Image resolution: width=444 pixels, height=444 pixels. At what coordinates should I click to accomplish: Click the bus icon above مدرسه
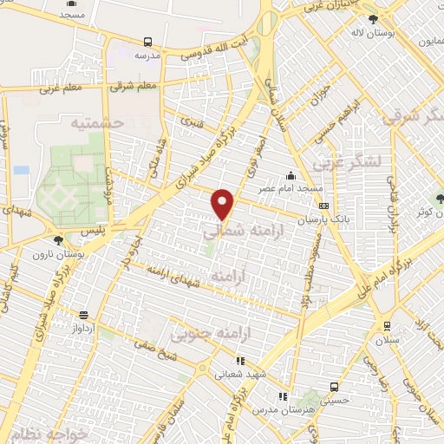[x=147, y=41]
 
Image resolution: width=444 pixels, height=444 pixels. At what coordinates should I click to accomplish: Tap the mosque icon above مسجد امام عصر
[x=300, y=175]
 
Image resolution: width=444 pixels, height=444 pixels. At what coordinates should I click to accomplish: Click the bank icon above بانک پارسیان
[x=323, y=206]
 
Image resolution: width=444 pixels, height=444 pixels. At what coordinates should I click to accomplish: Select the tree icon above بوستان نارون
[x=58, y=238]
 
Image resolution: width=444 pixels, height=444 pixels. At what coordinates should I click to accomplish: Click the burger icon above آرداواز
[x=83, y=316]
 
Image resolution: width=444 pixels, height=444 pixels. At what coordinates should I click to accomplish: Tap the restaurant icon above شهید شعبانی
[x=242, y=359]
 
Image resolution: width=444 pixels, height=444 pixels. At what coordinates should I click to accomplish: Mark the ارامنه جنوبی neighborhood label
[x=203, y=332]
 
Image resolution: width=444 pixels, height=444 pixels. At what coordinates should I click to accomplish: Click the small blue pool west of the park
[x=21, y=170]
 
